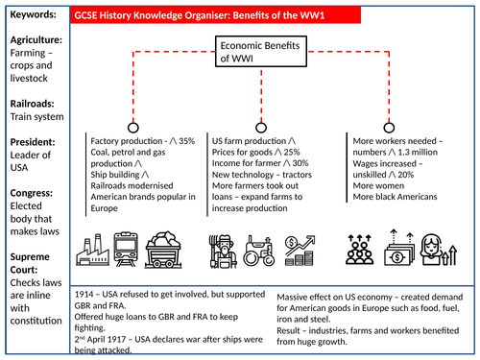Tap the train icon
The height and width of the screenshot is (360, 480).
[x=129, y=252]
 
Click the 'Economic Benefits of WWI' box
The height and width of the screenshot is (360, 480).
[x=253, y=54]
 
